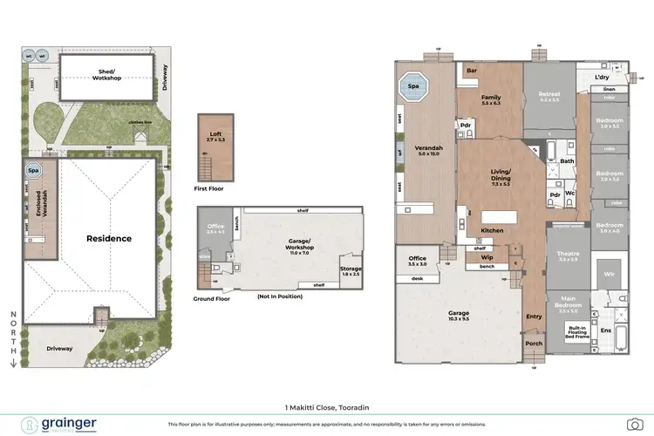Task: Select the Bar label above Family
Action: [471, 70]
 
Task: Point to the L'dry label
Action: [602, 77]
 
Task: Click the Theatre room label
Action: [568, 255]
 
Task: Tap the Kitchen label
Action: [493, 230]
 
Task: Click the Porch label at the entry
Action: [534, 343]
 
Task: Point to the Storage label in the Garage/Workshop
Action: [350, 270]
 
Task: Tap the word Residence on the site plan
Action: [109, 238]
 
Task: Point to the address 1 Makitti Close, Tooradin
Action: [326, 406]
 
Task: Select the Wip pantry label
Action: [487, 257]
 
